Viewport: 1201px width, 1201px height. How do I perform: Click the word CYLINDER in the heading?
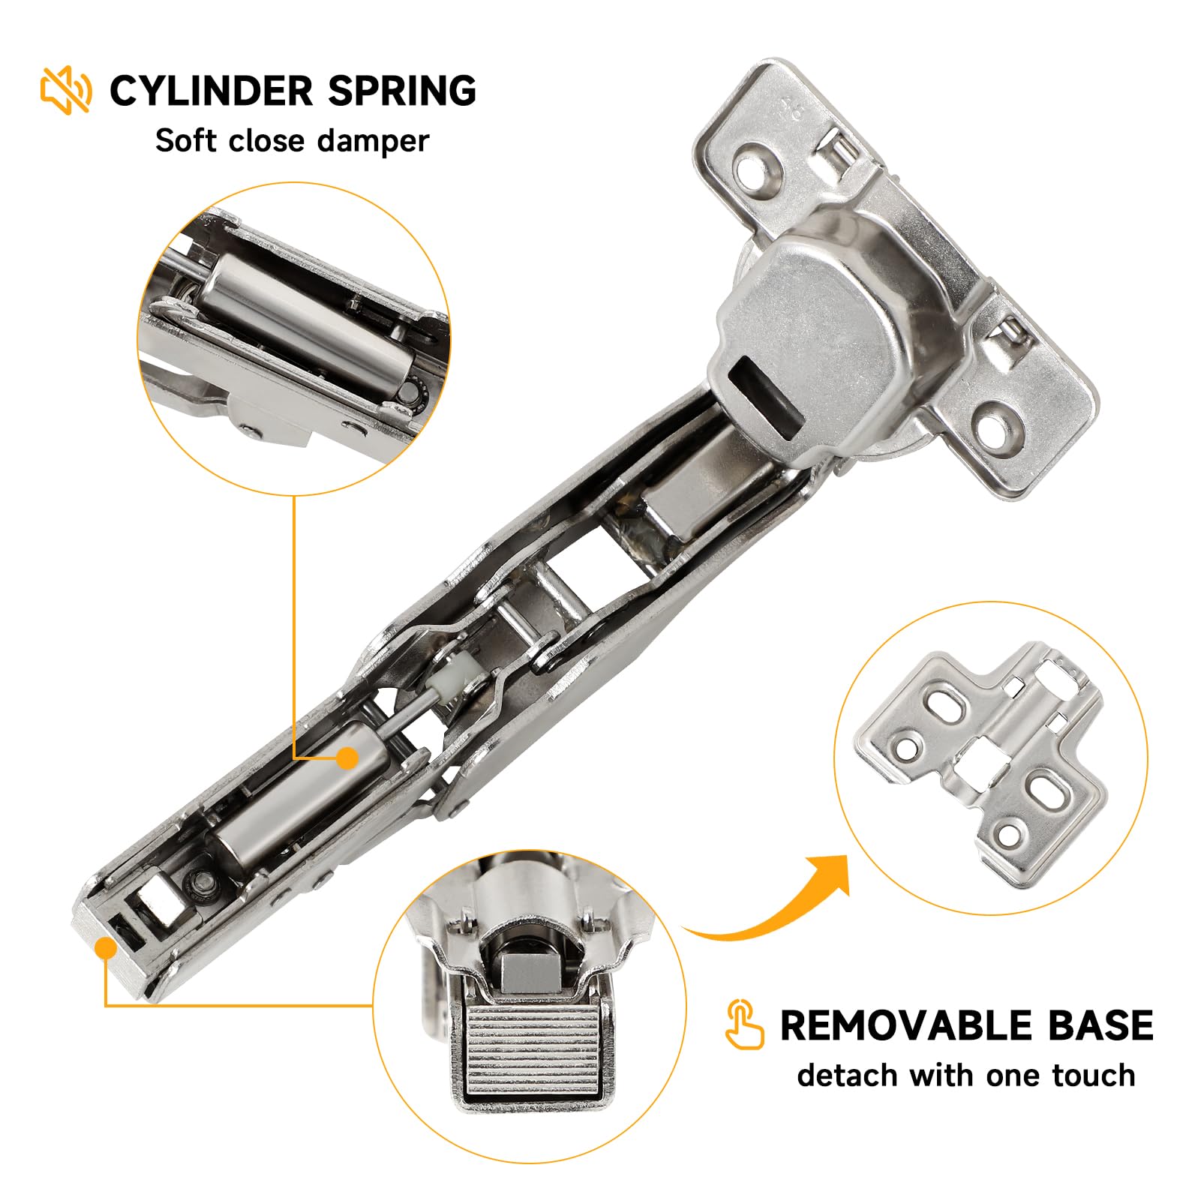211,91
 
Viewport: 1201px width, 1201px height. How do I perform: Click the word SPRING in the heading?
401,91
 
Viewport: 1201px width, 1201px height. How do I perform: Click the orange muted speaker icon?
66,90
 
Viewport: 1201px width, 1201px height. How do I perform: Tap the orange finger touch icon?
744,1024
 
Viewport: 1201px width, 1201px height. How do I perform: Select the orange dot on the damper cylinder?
347,758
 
